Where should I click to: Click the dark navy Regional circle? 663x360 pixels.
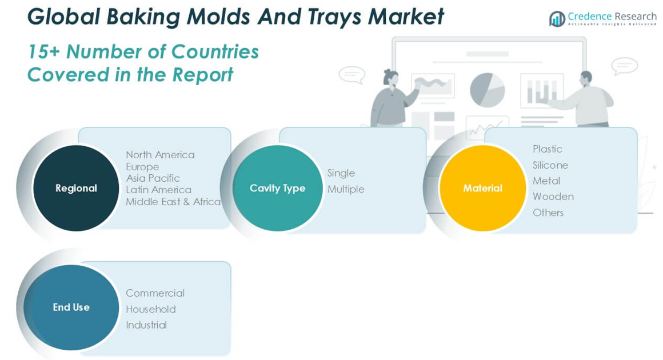tap(76, 188)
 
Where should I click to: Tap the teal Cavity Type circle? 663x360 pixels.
tap(277, 188)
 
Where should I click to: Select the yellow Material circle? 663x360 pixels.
tap(482, 188)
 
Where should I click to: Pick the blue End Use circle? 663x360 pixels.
tap(71, 307)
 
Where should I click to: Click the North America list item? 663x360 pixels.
tap(160, 155)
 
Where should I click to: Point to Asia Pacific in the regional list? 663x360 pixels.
tap(153, 178)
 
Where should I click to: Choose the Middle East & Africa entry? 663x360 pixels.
tap(173, 202)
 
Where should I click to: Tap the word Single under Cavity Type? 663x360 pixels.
tap(341, 173)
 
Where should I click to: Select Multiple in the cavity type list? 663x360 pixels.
tap(345, 189)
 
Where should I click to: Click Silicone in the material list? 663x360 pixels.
tap(550, 165)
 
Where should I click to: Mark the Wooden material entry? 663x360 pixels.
tap(553, 197)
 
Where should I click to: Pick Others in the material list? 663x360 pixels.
tap(548, 213)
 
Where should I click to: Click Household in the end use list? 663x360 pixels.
tap(150, 309)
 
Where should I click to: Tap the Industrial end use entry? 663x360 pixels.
tap(146, 325)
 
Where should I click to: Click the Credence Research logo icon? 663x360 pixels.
tap(557, 19)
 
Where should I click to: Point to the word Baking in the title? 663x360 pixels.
tap(143, 18)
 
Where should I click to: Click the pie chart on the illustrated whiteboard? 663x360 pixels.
tap(487, 90)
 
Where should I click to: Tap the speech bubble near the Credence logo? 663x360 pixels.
tap(624, 66)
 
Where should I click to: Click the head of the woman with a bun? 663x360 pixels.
tap(390, 77)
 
